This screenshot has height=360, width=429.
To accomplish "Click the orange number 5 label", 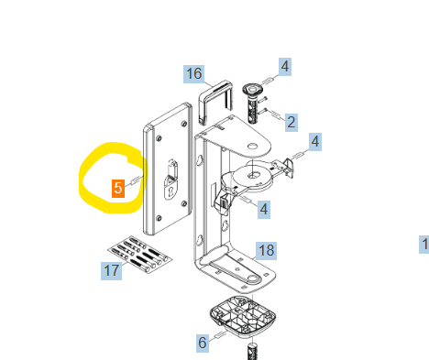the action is (118, 189).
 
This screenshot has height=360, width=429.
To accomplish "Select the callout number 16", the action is (194, 74).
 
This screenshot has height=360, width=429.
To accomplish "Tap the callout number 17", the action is (111, 271).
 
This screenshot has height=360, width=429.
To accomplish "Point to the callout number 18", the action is (266, 251).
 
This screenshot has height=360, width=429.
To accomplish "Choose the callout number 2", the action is (291, 123).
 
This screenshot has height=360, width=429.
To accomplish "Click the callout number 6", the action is (203, 343).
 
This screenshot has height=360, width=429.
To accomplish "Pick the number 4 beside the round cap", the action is (285, 67).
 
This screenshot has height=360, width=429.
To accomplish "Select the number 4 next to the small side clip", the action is (315, 142).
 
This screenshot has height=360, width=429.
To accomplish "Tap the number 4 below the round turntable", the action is (264, 210).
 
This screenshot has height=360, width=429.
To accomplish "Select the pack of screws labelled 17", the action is (140, 255).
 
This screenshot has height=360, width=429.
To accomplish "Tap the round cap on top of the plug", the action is (253, 89).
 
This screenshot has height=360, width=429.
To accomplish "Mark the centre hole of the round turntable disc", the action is (253, 175).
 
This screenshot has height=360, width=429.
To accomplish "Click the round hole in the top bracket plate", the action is (253, 147).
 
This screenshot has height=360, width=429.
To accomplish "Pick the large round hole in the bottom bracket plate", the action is (252, 278).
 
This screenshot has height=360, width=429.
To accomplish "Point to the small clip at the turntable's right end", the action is (289, 168).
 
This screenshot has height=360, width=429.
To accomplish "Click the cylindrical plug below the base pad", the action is (253, 351).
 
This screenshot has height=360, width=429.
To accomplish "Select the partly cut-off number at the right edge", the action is (424, 245).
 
